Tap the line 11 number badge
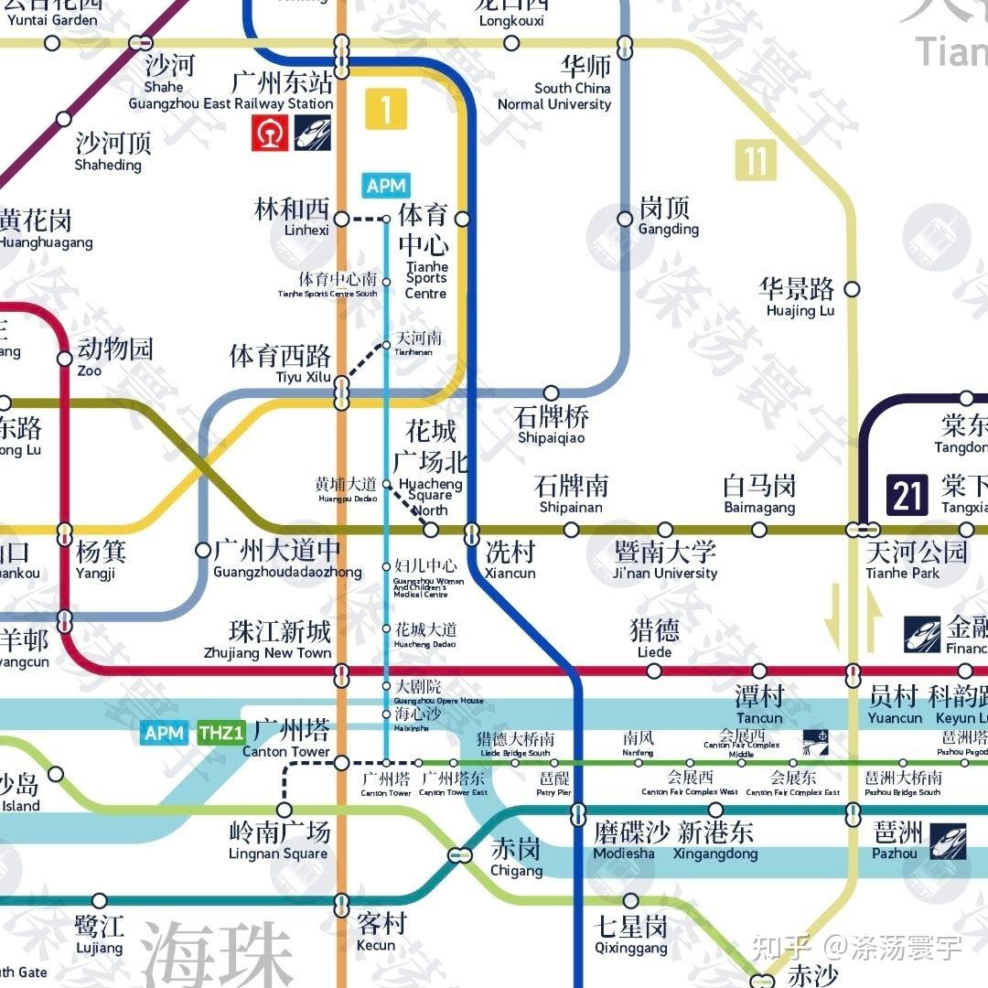[x=755, y=160]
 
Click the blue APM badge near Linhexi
[x=385, y=186]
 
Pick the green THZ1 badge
[x=220, y=732]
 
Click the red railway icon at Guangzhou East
[x=271, y=133]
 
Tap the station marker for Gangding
[x=625, y=219]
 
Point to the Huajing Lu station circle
[x=852, y=289]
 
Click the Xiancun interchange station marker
[x=471, y=530]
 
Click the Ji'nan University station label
[x=665, y=559]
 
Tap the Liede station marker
[x=654, y=671]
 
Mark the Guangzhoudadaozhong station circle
[x=203, y=550]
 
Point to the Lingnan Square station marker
[x=285, y=810]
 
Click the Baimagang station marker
[x=759, y=530]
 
